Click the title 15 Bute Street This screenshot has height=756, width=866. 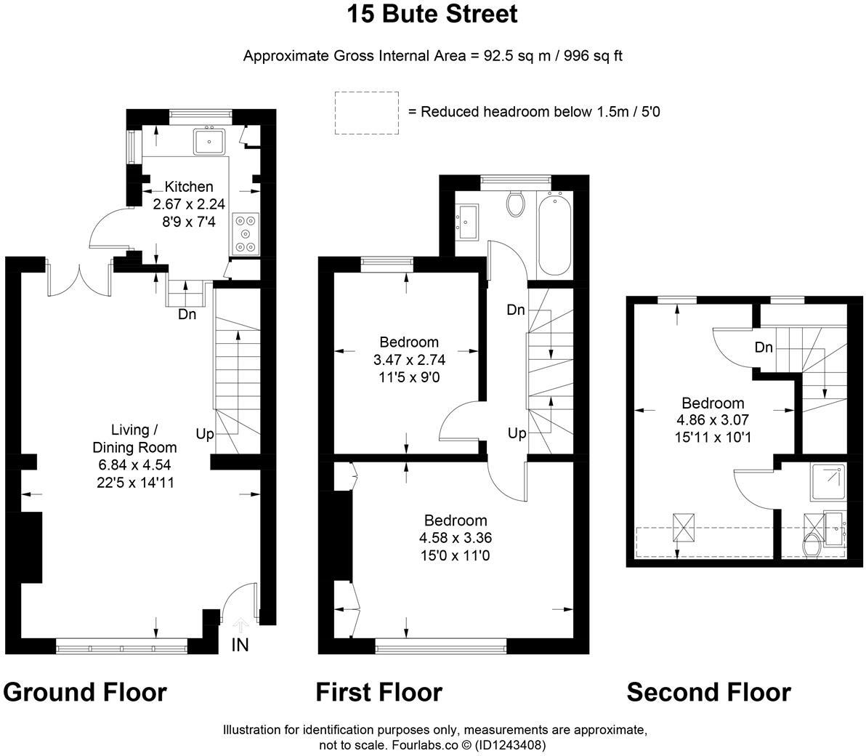click(x=432, y=15)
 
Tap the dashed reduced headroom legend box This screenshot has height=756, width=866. click(x=367, y=113)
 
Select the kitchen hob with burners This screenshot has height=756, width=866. click(x=246, y=233)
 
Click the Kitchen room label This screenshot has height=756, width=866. click(x=189, y=187)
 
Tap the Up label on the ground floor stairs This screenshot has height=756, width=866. click(x=205, y=434)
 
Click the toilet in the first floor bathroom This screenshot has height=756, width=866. click(x=517, y=204)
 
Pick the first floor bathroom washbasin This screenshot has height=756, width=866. click(x=466, y=220)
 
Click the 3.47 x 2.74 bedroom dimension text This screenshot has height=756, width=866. click(x=409, y=360)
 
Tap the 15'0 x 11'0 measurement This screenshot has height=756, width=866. click(x=456, y=556)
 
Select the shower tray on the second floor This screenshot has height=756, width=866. click(x=827, y=482)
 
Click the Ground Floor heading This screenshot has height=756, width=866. click(x=85, y=692)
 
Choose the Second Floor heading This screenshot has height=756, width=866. click(x=708, y=692)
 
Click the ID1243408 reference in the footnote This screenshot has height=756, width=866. click(x=513, y=745)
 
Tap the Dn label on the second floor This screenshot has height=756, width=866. click(x=763, y=347)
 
